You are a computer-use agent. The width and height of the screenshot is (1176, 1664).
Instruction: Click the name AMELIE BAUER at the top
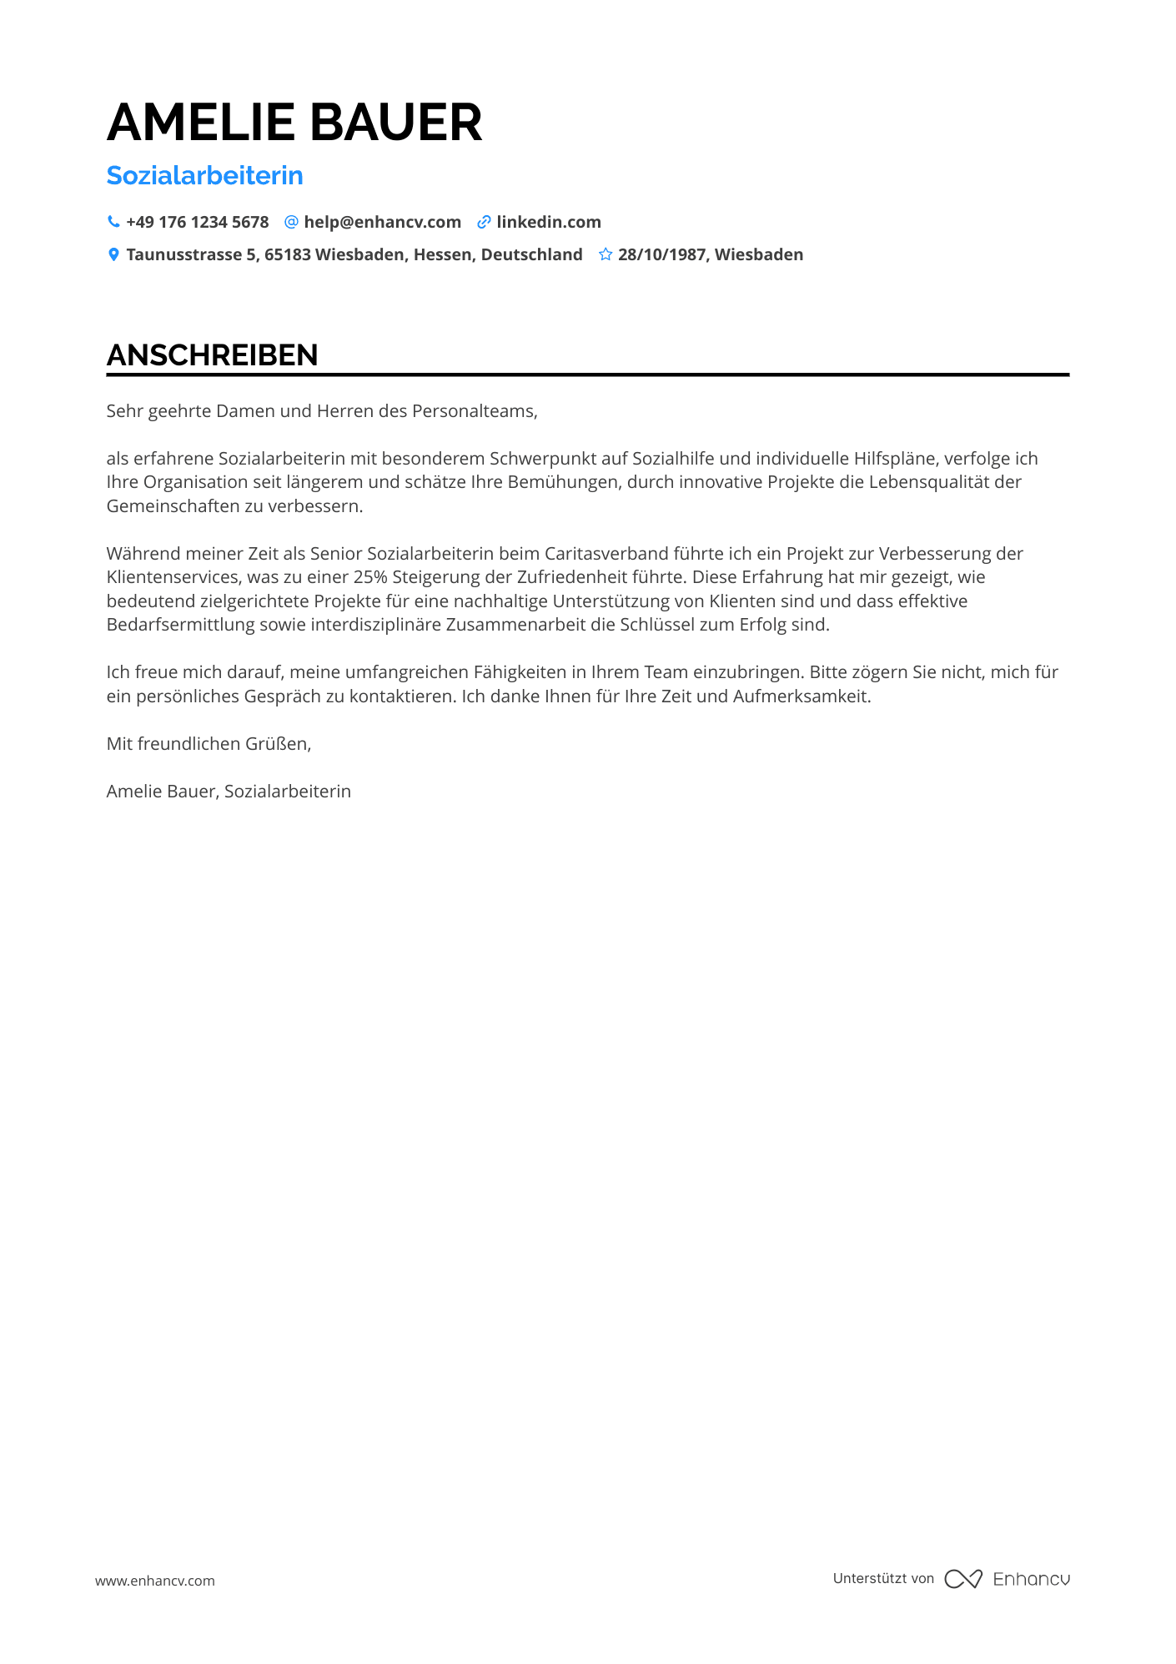294,123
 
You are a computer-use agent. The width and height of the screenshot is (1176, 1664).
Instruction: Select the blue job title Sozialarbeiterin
204,175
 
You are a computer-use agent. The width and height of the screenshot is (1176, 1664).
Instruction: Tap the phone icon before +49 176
113,222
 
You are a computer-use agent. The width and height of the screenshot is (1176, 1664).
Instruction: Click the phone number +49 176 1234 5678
198,222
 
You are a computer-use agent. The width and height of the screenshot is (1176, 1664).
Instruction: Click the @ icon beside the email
291,222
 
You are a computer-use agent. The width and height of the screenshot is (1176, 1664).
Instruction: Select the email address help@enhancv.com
382,222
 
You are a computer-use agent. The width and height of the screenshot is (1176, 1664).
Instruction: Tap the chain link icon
484,222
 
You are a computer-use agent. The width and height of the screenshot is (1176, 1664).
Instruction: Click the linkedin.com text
549,222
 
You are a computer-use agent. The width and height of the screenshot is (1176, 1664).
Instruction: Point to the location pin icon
113,254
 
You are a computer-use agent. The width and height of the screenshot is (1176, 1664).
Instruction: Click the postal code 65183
288,254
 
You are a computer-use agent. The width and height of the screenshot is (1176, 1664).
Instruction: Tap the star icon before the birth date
606,254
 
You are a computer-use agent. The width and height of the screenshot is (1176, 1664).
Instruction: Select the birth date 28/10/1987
662,254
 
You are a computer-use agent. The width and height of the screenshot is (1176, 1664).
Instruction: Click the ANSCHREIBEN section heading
212,354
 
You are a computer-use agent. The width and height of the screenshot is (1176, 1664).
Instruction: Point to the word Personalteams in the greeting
474,410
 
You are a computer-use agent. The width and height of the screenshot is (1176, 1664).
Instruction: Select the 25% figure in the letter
370,576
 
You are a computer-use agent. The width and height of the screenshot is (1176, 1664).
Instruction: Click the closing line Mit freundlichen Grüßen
209,743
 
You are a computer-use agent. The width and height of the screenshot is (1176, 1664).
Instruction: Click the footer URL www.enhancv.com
154,1580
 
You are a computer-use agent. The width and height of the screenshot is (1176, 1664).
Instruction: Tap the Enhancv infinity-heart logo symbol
962,1578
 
